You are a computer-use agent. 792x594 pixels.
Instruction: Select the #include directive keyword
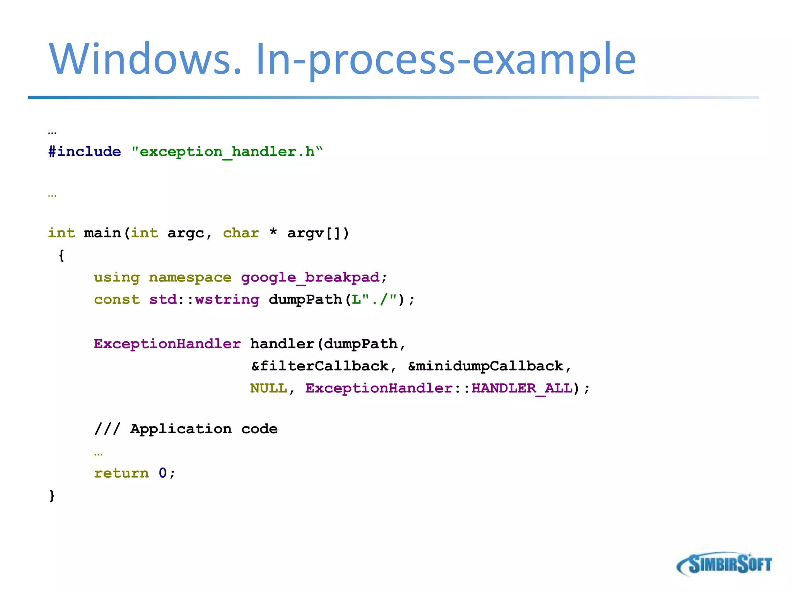[85, 152]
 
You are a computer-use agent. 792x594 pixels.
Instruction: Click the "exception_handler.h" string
[227, 152]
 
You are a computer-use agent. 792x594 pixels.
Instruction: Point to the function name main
[102, 233]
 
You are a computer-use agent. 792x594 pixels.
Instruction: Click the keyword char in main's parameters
[241, 233]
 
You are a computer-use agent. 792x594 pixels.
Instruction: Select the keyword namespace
[190, 277]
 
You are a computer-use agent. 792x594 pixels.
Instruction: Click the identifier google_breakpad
[311, 277]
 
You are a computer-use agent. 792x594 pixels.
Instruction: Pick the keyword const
[117, 300]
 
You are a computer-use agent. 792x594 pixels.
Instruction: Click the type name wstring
[227, 300]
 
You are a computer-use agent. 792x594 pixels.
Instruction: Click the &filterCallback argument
[320, 366]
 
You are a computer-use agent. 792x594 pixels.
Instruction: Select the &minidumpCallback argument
[486, 366]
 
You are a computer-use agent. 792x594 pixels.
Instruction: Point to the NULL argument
[268, 388]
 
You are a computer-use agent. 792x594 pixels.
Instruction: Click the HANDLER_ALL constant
[522, 388]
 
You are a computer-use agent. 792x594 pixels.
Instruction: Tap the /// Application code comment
[186, 429]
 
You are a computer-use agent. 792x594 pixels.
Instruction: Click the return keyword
[121, 473]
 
